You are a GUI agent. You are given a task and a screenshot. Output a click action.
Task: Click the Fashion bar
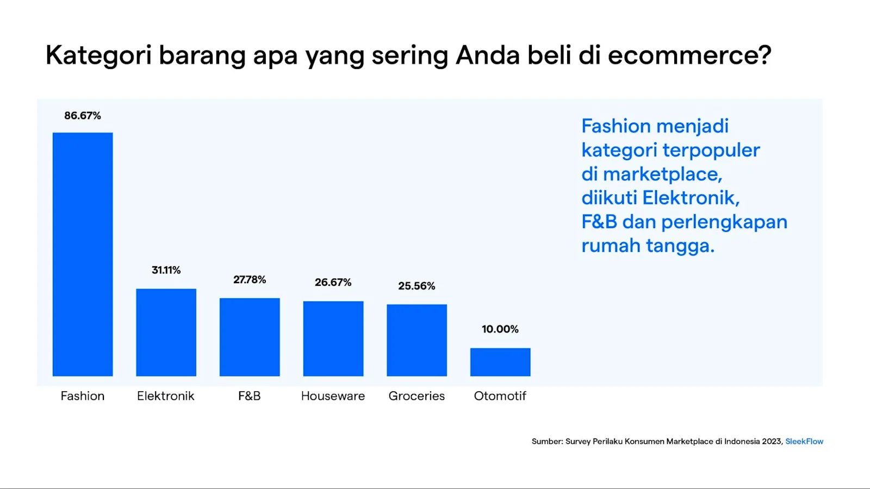(x=83, y=254)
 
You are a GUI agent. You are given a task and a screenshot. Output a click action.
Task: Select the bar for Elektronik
(x=166, y=332)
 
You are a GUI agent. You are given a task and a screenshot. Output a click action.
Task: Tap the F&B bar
(x=250, y=337)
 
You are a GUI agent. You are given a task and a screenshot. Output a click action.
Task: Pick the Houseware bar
(x=333, y=338)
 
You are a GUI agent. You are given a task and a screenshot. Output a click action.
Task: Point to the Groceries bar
(x=417, y=340)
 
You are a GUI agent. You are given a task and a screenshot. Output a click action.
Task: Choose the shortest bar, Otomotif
(x=500, y=362)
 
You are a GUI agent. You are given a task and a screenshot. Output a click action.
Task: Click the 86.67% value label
(x=83, y=116)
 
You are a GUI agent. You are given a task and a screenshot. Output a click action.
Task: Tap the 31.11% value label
(x=166, y=270)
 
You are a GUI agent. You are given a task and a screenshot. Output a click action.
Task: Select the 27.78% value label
(x=250, y=280)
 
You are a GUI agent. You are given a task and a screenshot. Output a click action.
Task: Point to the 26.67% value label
(x=333, y=283)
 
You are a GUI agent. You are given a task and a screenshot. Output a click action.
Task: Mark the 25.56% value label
(x=417, y=286)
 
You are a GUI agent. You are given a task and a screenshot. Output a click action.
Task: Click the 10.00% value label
(x=500, y=329)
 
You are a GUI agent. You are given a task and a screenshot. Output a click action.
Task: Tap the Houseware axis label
(x=333, y=396)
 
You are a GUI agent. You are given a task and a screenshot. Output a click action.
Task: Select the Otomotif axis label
(x=500, y=396)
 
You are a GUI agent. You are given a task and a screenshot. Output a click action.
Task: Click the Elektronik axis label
(x=166, y=396)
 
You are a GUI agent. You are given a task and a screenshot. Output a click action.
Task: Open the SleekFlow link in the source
(x=804, y=441)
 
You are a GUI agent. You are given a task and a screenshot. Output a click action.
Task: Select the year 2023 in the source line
(x=772, y=441)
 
